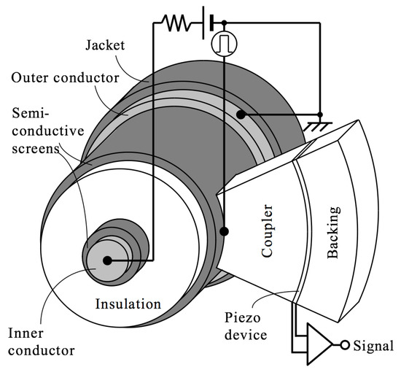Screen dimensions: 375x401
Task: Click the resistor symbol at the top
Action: click(x=176, y=23)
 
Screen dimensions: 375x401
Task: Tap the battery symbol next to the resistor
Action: click(x=206, y=23)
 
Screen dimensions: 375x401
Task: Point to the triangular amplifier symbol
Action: click(x=318, y=341)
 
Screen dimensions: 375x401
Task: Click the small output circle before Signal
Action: click(x=346, y=344)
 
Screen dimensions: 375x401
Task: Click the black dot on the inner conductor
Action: click(x=107, y=260)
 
